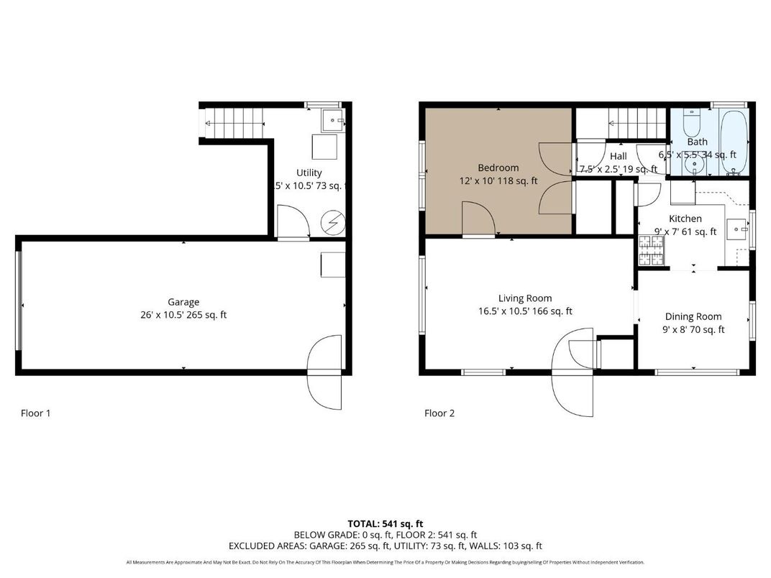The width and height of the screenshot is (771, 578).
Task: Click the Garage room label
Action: coord(183,302)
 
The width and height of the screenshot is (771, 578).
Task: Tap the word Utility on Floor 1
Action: coord(309,173)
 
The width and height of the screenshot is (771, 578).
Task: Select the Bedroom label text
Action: coord(498,168)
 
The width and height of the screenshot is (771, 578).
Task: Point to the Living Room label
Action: coord(525,298)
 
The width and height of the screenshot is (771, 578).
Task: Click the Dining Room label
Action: coord(693,316)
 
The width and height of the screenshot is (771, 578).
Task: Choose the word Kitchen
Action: coord(685,219)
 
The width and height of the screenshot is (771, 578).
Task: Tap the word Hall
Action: coord(618,156)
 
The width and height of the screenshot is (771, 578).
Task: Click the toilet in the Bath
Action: coord(691,124)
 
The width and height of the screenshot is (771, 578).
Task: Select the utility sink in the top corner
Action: coord(332,121)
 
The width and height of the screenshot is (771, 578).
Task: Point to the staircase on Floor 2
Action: coord(637,123)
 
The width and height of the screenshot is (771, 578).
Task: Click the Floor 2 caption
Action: coord(439,413)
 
